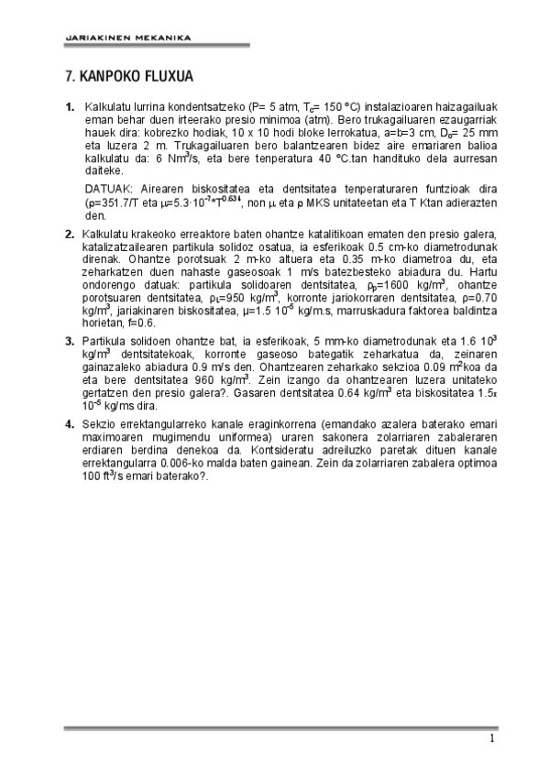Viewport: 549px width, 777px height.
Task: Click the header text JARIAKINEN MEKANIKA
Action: pyautogui.click(x=127, y=38)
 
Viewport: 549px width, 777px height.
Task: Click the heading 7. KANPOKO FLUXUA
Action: pyautogui.click(x=128, y=77)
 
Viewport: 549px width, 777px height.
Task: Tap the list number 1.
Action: pyautogui.click(x=70, y=107)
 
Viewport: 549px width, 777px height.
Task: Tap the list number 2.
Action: pyautogui.click(x=70, y=234)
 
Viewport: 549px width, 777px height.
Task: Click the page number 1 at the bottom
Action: pyautogui.click(x=492, y=739)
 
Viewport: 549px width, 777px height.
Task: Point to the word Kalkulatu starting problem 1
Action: pyautogui.click(x=108, y=107)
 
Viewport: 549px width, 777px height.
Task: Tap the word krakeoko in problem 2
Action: pyautogui.click(x=159, y=234)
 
